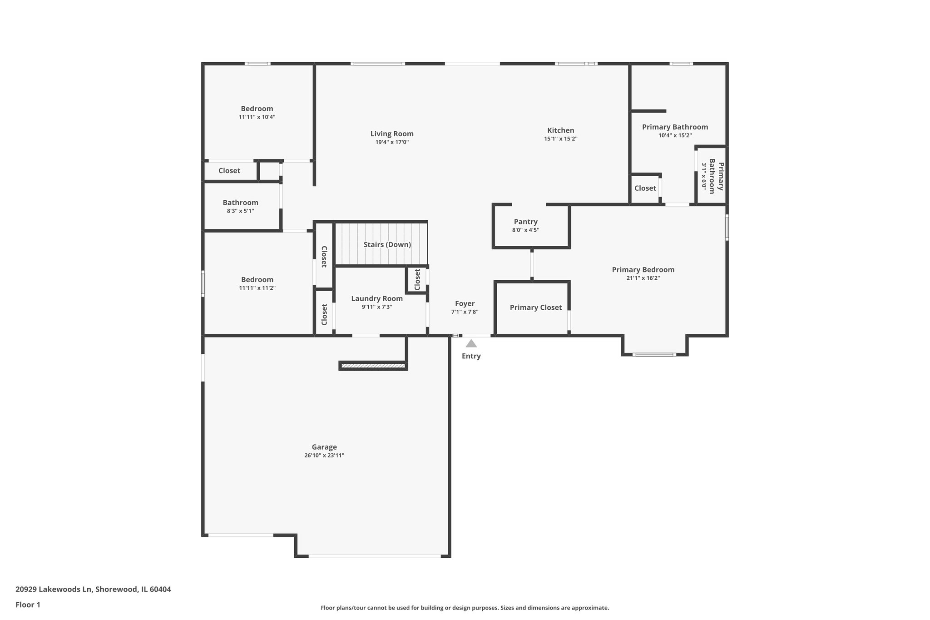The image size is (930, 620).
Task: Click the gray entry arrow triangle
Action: pyautogui.click(x=471, y=344)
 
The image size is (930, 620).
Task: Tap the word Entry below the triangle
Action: pyautogui.click(x=471, y=356)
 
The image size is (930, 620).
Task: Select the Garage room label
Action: pyautogui.click(x=324, y=447)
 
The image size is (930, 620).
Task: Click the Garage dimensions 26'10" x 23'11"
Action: pyautogui.click(x=324, y=456)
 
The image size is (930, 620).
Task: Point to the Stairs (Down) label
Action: pyautogui.click(x=387, y=245)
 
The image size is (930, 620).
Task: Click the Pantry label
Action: pyautogui.click(x=525, y=222)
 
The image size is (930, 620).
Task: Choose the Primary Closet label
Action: pyautogui.click(x=535, y=308)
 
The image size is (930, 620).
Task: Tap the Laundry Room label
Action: pyautogui.click(x=376, y=298)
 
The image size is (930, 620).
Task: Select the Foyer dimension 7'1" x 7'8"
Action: pyautogui.click(x=465, y=312)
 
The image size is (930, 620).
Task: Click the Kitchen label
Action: pyautogui.click(x=560, y=130)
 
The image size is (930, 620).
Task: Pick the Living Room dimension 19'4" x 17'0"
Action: pyautogui.click(x=392, y=142)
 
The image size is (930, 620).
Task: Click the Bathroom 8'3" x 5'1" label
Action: pyautogui.click(x=240, y=203)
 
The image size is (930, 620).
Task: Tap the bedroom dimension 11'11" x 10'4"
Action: pyautogui.click(x=257, y=117)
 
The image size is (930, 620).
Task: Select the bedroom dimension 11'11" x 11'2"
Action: pyautogui.click(x=257, y=288)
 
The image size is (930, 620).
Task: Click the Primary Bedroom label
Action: pyautogui.click(x=643, y=270)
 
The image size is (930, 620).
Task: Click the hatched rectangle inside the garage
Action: pyautogui.click(x=373, y=366)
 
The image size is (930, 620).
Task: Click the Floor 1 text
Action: pyautogui.click(x=28, y=605)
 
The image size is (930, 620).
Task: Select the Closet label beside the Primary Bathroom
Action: pyautogui.click(x=645, y=188)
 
